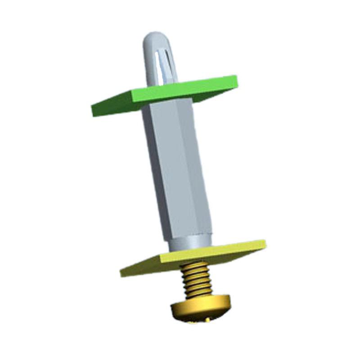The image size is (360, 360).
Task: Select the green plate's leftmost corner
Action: pos(93,108)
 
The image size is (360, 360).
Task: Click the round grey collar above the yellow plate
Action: pos(189,243)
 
